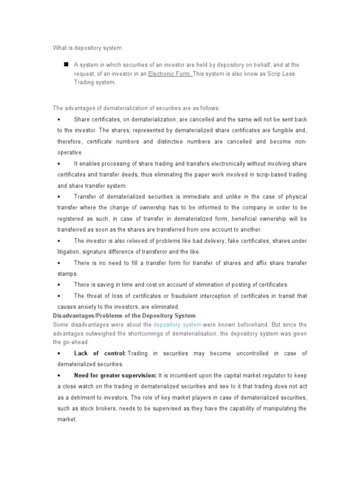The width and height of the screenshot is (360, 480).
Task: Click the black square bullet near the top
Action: pyautogui.click(x=66, y=64)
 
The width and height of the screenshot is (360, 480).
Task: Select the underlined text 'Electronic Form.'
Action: pyautogui.click(x=170, y=74)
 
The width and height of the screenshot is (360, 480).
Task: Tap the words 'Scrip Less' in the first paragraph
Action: pyautogui.click(x=281, y=74)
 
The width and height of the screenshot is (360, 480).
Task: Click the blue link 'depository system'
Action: pyautogui.click(x=177, y=324)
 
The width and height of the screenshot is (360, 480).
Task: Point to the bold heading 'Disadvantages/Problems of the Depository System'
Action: pyautogui.click(x=124, y=315)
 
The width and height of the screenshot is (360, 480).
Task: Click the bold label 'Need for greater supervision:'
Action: pyautogui.click(x=115, y=375)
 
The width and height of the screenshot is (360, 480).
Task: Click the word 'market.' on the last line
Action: pyautogui.click(x=67, y=420)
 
